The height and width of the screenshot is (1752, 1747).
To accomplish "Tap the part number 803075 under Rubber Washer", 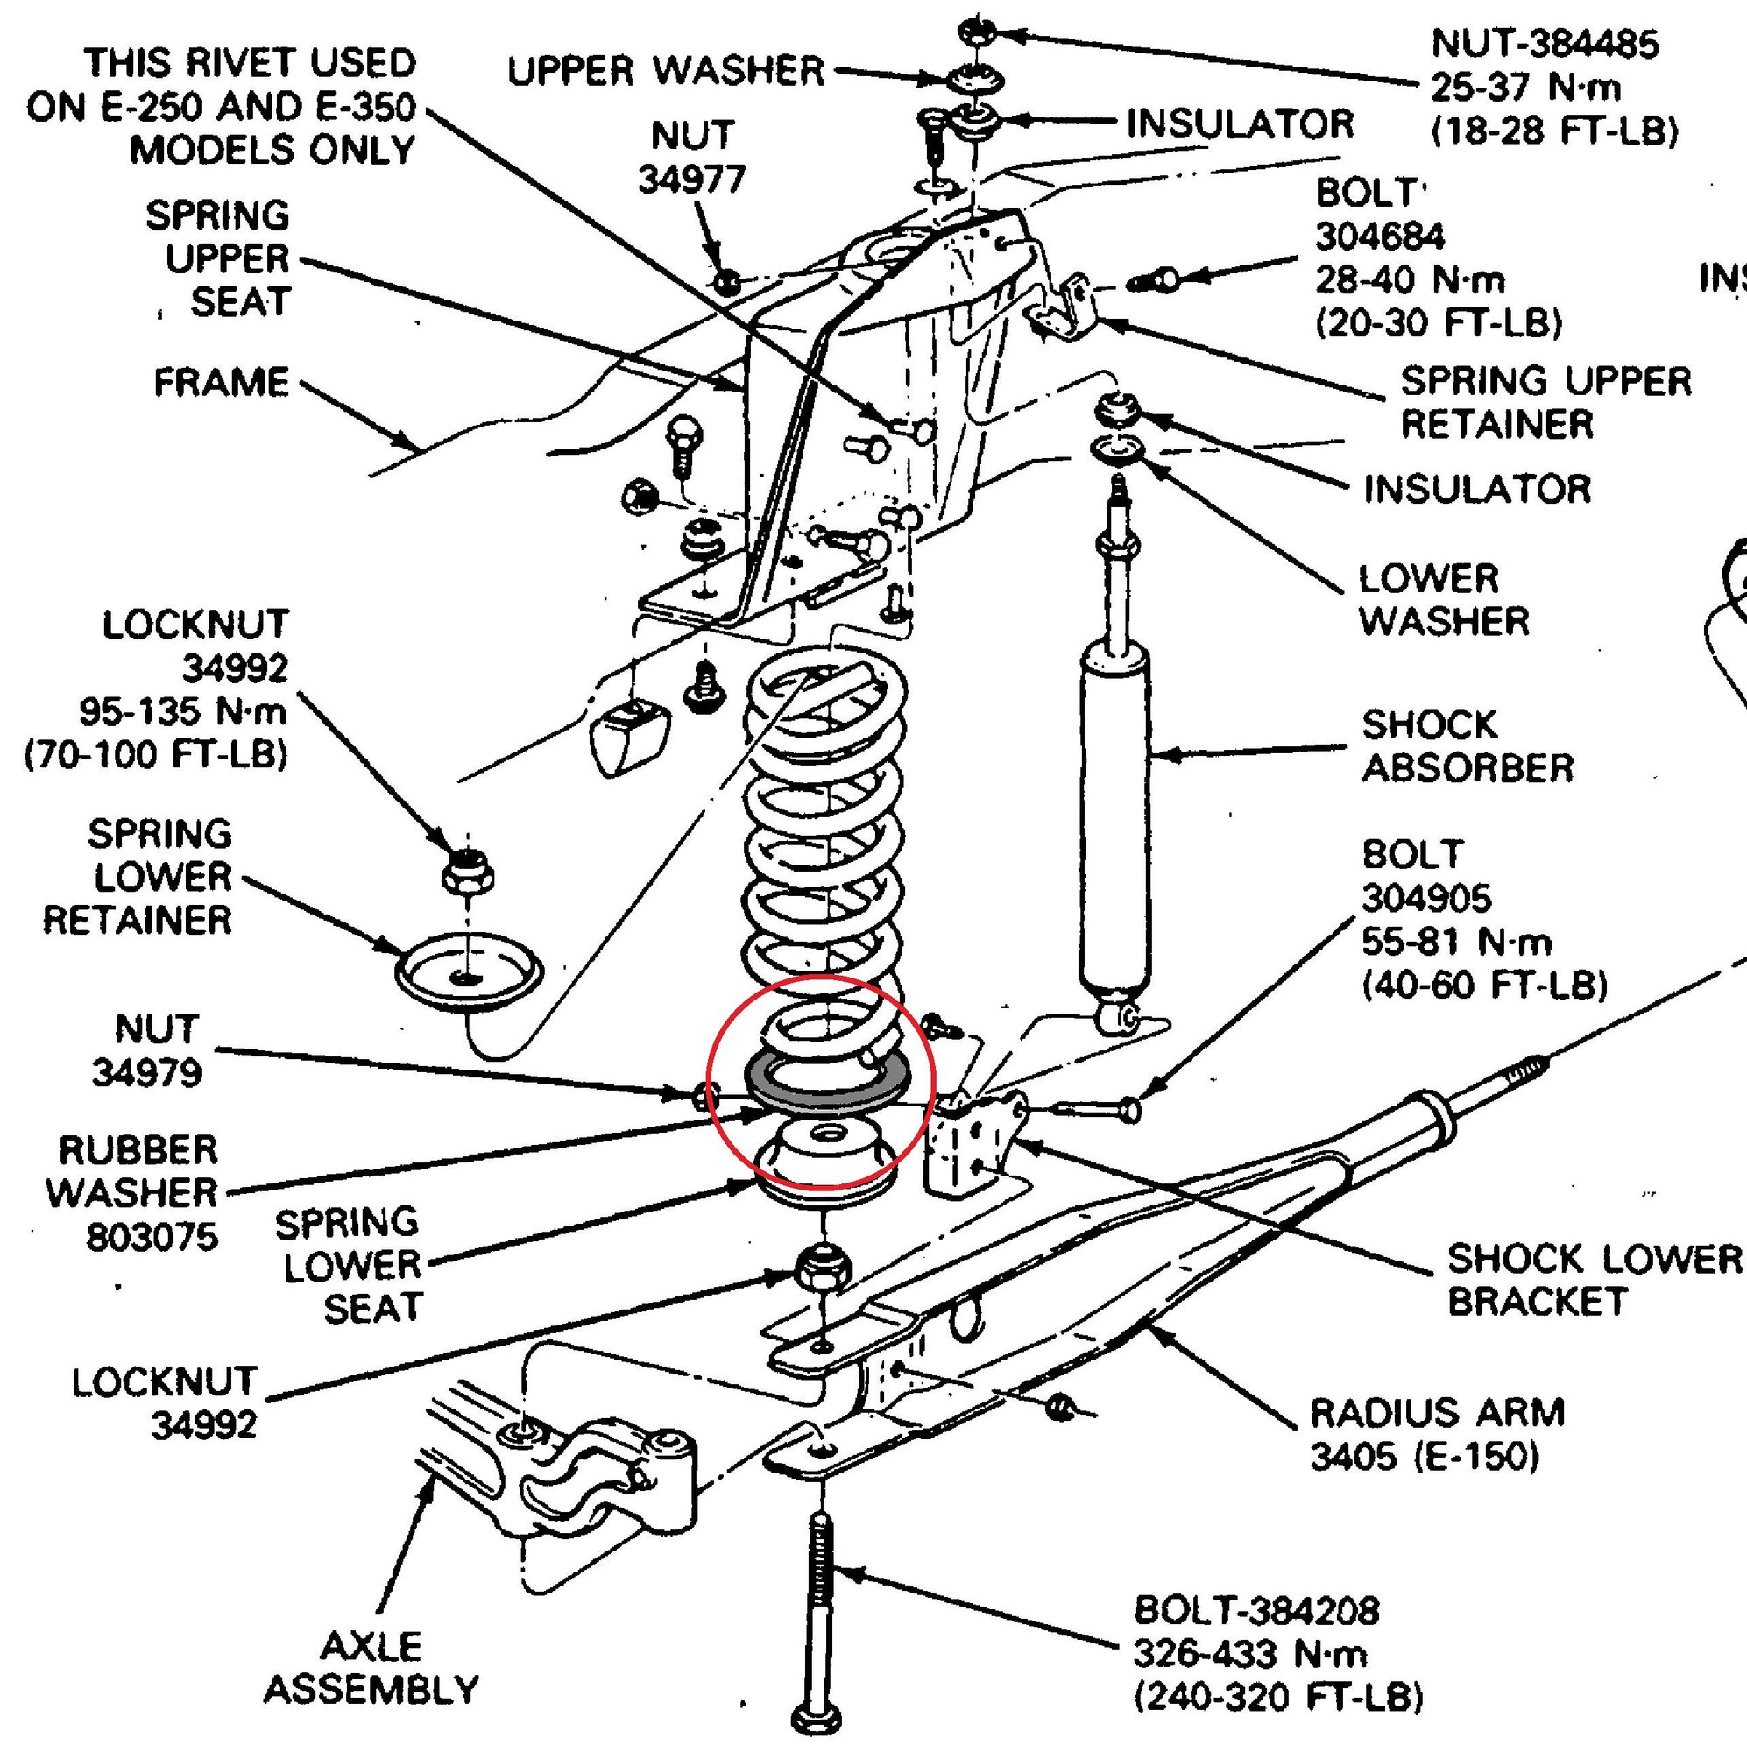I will click(152, 1237).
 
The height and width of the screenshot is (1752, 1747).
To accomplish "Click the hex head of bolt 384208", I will click(817, 1717).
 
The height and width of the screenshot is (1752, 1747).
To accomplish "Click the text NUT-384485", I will click(1545, 44).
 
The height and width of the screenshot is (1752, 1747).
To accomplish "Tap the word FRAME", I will click(222, 382).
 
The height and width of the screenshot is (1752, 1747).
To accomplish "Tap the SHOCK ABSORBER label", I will click(1467, 746).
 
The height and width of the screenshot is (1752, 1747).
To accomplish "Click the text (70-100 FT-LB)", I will click(156, 754).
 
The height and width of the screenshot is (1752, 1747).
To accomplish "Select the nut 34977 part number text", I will click(691, 179).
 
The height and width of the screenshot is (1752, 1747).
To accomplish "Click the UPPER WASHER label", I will click(665, 71).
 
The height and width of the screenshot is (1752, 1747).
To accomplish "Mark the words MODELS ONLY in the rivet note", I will click(272, 150).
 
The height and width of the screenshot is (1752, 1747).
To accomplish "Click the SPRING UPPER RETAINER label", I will click(1545, 402).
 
